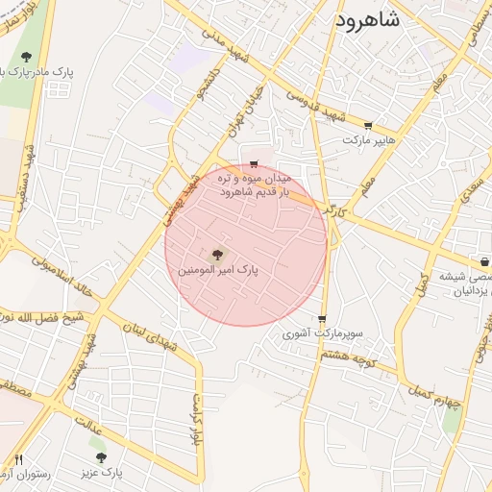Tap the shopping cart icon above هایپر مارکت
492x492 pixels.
click(368, 126)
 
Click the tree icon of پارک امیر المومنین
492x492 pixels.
click(215, 255)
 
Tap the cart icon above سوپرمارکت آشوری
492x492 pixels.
click(321, 320)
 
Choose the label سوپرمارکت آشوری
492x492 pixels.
click(322, 334)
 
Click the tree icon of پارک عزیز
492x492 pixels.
click(101, 457)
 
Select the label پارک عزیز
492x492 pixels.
click(102, 472)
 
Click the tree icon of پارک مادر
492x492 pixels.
click(26, 58)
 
